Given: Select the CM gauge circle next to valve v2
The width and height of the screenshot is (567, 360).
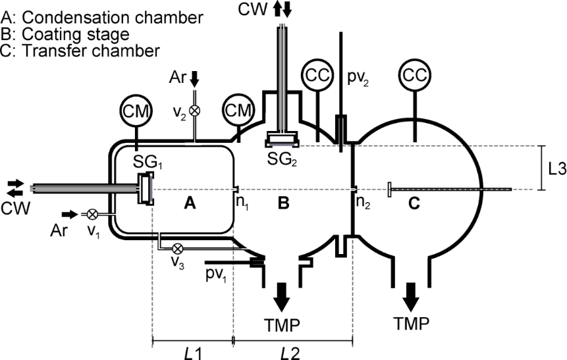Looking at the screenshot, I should point(239,110).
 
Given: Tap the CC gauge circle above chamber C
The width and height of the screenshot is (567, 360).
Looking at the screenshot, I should point(414,74).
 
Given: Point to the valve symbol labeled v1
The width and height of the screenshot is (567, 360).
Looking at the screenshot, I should point(93,215).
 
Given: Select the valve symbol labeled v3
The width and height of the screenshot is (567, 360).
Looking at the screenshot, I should point(176,249).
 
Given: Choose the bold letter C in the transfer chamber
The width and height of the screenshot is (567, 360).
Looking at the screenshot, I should point(414,204).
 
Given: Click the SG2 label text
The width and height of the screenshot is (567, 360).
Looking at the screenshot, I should point(282,161).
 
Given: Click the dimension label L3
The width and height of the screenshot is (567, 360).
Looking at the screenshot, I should point(556,168).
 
